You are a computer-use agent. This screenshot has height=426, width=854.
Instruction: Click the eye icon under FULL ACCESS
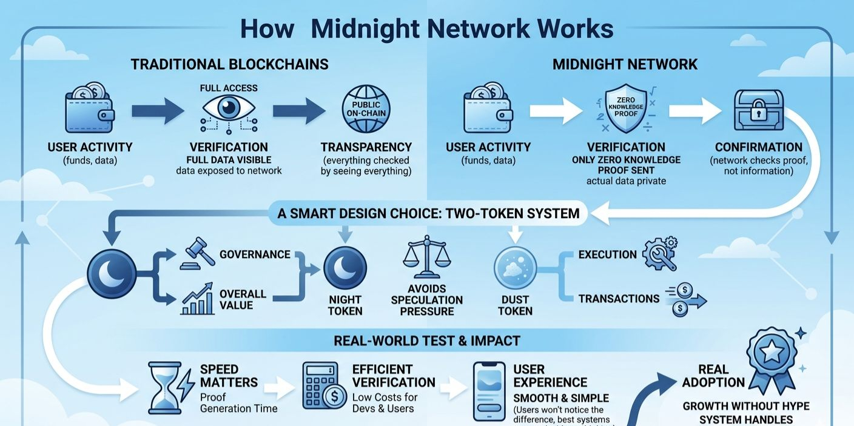click(228, 108)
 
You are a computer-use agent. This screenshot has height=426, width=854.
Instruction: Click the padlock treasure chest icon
click(758, 110)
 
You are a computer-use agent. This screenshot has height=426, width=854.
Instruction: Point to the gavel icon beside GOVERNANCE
click(198, 253)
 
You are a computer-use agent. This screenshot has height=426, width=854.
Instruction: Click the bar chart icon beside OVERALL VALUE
click(198, 298)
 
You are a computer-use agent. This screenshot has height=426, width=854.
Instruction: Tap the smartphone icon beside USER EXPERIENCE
click(489, 391)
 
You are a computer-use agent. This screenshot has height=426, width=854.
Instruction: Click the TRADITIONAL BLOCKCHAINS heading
click(229, 64)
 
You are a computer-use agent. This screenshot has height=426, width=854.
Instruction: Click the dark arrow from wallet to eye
click(157, 110)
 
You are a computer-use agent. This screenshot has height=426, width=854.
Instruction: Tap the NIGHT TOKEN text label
click(345, 305)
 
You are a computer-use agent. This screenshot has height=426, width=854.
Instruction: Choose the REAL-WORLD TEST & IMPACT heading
click(426, 341)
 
